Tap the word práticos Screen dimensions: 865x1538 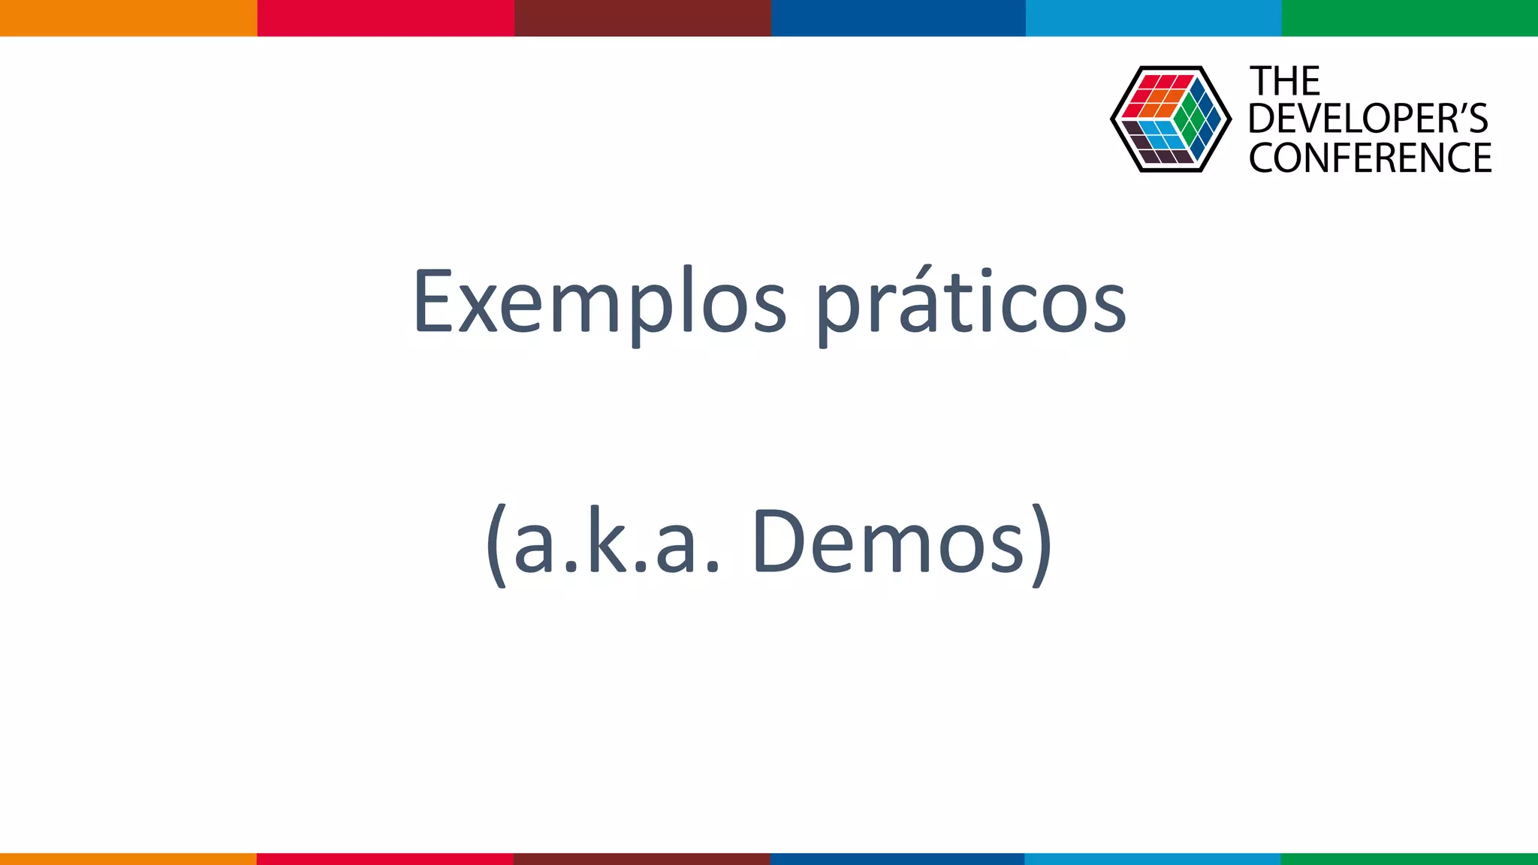coord(970,302)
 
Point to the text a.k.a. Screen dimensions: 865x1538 coord(616,542)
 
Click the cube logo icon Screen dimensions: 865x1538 coord(1170,119)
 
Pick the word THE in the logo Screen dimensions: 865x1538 coord(1284,81)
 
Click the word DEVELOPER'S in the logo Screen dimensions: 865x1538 coord(1368,119)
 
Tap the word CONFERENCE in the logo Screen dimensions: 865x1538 coord(1370,158)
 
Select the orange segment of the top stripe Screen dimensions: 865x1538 coord(128,17)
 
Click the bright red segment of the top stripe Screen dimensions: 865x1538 coord(385,17)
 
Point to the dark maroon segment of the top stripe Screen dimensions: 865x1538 coord(642,17)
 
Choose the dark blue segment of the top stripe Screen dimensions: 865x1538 coord(898,17)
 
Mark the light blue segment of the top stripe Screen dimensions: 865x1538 coord(1153,17)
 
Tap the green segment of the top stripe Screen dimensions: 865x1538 coord(1410,17)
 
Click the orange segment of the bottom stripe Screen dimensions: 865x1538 coord(128,859)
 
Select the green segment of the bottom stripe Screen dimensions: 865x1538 coord(1410,859)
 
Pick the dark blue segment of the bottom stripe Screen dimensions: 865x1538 coord(897,859)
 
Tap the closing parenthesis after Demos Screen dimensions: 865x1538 coord(1042,544)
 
